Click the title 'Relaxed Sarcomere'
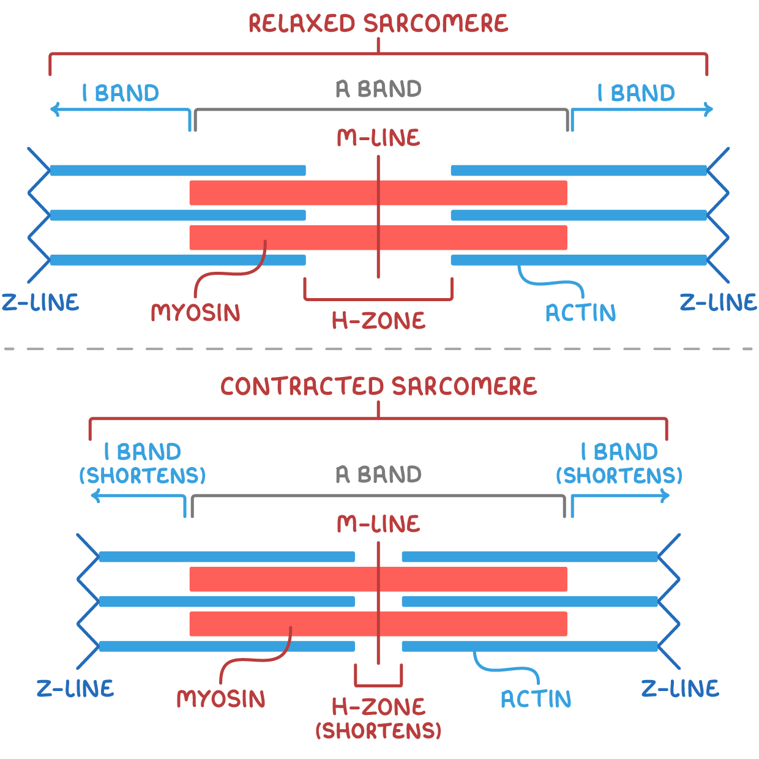[x=378, y=23]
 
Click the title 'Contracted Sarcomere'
[x=378, y=386]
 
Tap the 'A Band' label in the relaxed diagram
[x=378, y=89]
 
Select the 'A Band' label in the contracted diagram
[x=378, y=475]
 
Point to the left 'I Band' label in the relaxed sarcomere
[x=121, y=93]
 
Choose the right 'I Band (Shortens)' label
[x=619, y=463]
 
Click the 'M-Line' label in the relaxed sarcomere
[x=378, y=138]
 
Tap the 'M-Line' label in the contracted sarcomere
[x=378, y=524]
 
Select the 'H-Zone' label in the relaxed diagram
[x=378, y=321]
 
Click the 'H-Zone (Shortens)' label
[x=378, y=718]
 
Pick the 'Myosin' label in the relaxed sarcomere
[x=196, y=313]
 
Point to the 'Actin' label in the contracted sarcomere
[x=536, y=699]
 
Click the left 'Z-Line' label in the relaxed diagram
[x=40, y=302]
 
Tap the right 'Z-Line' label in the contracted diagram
[x=680, y=689]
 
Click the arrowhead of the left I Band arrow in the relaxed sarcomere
[x=54, y=110]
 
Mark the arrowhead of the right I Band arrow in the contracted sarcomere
[x=665, y=496]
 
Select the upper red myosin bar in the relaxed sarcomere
[x=378, y=193]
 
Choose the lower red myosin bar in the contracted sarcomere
[x=378, y=624]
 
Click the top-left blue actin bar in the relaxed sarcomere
[x=178, y=170]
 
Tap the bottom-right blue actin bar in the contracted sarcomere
[x=529, y=646]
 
